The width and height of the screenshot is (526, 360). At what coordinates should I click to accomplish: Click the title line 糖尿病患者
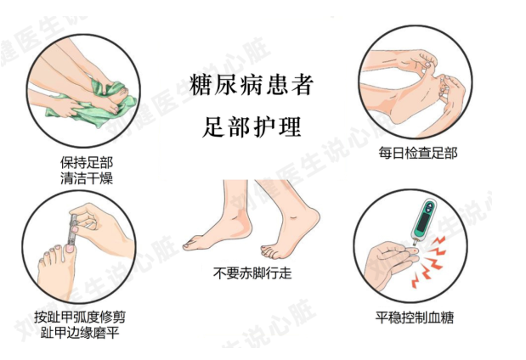(251, 84)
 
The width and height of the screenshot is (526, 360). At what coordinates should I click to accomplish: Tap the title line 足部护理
(252, 127)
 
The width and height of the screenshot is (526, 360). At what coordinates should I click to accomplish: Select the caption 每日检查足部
(418, 153)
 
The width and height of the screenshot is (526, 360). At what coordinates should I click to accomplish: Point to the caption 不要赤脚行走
(252, 273)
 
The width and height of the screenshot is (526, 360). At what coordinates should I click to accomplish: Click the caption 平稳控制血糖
(415, 317)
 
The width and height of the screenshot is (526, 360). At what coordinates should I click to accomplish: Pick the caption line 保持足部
(87, 163)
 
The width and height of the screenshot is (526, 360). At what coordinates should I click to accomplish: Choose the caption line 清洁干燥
(87, 178)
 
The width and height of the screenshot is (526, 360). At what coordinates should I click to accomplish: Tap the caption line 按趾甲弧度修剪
(80, 317)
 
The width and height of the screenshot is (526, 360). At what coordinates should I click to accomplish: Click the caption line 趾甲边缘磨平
(80, 333)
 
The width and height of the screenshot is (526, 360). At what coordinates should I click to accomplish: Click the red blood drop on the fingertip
(416, 250)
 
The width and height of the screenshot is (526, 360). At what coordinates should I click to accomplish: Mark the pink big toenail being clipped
(70, 249)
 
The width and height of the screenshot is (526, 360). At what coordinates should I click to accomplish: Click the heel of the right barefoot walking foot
(313, 218)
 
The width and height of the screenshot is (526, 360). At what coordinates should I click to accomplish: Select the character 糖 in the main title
(201, 84)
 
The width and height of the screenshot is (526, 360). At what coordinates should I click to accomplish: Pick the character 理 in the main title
(290, 127)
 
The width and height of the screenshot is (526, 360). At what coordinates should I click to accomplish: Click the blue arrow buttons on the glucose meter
(429, 207)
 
